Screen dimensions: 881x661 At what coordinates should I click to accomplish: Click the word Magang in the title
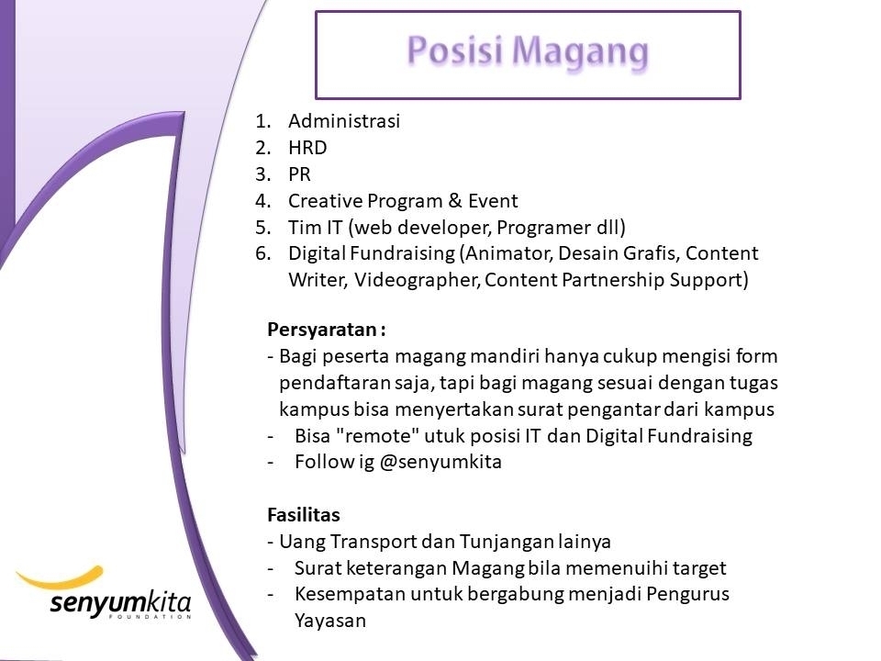coord(580,52)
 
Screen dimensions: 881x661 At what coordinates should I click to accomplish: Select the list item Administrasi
coord(344,121)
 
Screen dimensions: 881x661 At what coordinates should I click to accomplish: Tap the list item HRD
coord(307,147)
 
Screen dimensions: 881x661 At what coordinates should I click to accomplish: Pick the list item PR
coord(299,174)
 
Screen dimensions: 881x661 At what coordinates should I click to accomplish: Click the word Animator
coord(510,253)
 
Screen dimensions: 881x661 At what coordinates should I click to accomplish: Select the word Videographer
coord(417,280)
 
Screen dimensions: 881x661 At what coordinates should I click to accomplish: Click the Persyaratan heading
coord(327,330)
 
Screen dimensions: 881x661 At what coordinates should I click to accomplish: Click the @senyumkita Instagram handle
coord(440,462)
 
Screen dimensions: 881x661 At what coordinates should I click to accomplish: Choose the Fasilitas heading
coord(304,515)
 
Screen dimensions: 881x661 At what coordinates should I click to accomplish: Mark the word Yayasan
coord(330,622)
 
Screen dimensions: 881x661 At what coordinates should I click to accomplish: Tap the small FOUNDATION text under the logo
coord(150,617)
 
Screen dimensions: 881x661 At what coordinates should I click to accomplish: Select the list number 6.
coord(263,253)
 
